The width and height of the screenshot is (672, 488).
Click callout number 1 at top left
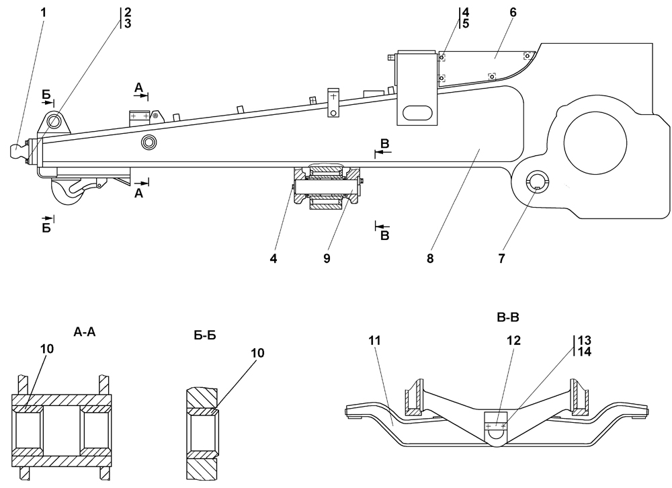click(x=43, y=12)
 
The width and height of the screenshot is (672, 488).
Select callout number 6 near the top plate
click(x=513, y=13)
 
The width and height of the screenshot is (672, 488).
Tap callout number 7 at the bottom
click(x=501, y=258)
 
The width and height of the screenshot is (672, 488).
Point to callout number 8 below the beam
click(x=430, y=258)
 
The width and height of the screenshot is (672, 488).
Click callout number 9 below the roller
click(x=327, y=258)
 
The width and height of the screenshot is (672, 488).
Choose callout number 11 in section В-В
click(x=374, y=340)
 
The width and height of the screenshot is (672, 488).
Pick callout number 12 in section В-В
click(x=514, y=340)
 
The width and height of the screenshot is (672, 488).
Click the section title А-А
click(x=85, y=332)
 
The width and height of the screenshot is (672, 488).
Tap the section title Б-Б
click(x=205, y=335)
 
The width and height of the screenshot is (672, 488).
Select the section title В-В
click(x=508, y=318)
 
